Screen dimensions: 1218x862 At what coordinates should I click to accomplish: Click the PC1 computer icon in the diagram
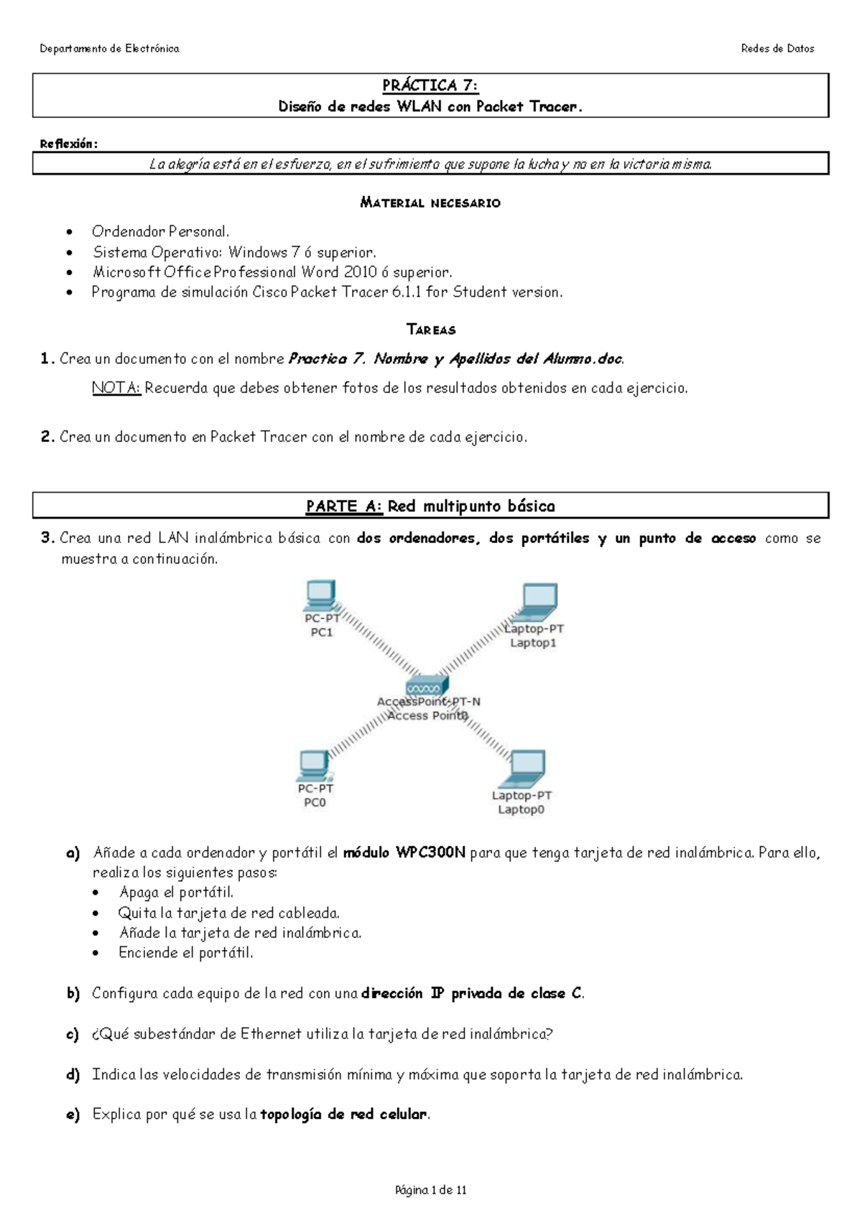click(320, 595)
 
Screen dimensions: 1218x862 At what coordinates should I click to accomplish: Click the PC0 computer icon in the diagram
click(314, 766)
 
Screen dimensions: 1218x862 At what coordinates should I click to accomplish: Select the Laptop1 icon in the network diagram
click(538, 602)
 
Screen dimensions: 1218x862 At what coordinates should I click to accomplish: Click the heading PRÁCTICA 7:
click(430, 85)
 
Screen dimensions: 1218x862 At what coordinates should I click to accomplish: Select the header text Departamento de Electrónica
click(109, 49)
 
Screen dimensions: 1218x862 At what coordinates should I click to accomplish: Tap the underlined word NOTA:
click(116, 389)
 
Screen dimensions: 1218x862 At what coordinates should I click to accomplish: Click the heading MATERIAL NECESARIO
click(430, 203)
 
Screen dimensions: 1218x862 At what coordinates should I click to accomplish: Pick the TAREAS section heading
click(430, 330)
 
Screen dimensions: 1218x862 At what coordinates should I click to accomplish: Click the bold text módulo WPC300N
click(404, 853)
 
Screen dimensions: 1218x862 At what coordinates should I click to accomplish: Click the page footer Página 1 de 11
click(430, 1190)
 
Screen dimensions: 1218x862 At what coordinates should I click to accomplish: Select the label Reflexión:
click(68, 144)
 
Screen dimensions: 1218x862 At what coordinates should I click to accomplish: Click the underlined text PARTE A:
click(344, 506)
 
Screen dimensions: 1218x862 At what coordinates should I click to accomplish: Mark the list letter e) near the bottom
click(73, 1115)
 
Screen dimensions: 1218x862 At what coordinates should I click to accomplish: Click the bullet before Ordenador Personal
click(69, 233)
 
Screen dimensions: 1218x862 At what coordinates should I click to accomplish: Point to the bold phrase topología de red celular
click(343, 1115)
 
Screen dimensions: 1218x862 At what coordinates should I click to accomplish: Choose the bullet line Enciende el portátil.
click(185, 953)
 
